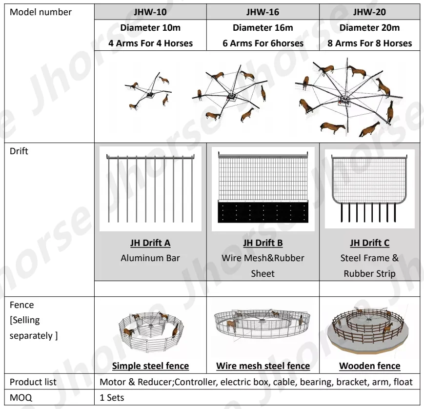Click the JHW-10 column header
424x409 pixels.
click(x=150, y=12)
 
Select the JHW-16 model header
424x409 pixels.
click(x=262, y=12)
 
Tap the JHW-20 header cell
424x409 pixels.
click(x=369, y=12)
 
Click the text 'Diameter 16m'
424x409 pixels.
click(x=262, y=28)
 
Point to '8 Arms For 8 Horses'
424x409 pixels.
click(x=369, y=43)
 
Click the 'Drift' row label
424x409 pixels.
click(x=19, y=151)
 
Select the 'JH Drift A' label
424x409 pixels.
click(x=150, y=243)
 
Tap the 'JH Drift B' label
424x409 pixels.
click(x=262, y=243)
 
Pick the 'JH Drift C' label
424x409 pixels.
click(x=369, y=243)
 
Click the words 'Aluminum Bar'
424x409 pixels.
click(x=150, y=258)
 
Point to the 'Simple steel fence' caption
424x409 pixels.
click(x=150, y=366)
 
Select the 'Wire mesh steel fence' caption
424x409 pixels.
click(x=262, y=366)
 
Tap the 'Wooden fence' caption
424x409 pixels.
click(x=369, y=366)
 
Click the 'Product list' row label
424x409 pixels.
click(x=33, y=382)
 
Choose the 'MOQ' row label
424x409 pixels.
click(x=21, y=397)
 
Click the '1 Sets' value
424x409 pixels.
click(x=112, y=397)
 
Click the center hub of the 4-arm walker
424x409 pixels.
click(x=150, y=93)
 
